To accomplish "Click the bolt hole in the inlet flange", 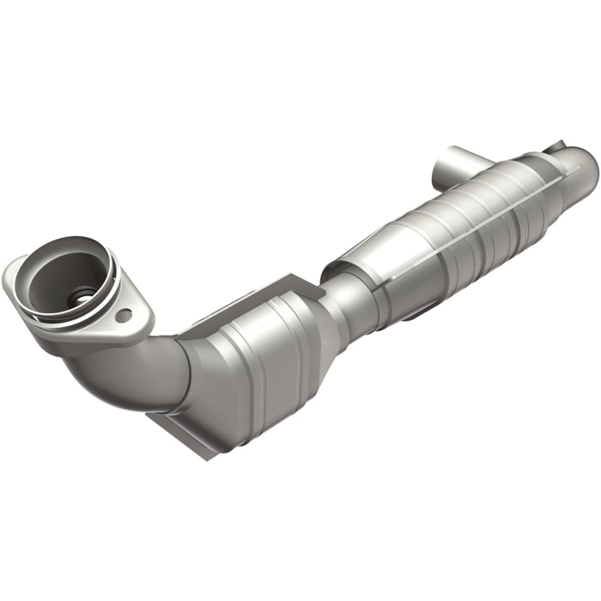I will point(124,315).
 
